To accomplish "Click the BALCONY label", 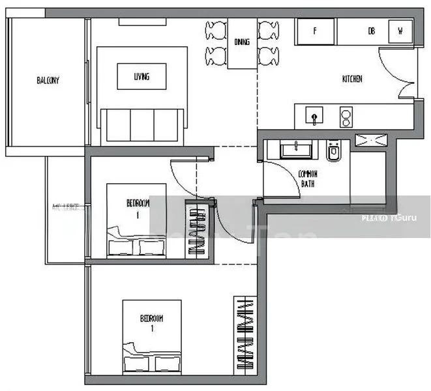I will coord(48,81).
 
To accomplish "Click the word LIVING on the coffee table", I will coord(141,76).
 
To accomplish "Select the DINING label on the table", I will coord(242,43).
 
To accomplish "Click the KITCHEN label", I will coord(352,80).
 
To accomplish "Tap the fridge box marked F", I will coord(315,31).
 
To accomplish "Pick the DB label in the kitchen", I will coord(371,31).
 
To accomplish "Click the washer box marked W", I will coord(400,31).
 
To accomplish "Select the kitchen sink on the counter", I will coord(315,118).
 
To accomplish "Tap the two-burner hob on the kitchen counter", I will coord(346,118).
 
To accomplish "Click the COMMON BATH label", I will coord(307,179).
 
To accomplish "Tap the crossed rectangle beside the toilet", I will coord(370,140).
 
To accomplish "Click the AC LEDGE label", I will coord(65,208).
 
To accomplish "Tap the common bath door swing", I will coord(277,175).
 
